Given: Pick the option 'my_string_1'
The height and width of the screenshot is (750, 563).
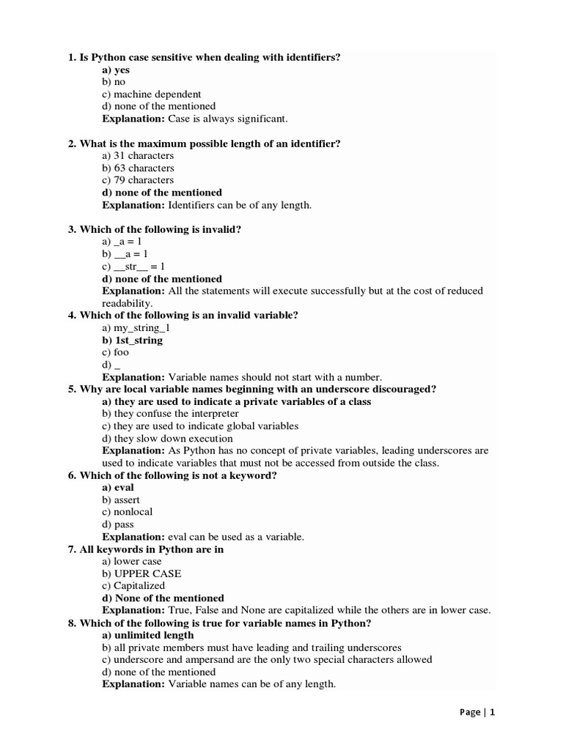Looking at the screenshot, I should click(x=136, y=327).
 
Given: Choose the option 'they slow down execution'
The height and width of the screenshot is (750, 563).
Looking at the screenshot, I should click(x=158, y=438).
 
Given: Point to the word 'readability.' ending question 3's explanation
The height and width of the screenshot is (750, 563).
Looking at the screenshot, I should click(x=127, y=302).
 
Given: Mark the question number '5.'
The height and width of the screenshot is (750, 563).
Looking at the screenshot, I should click(x=73, y=389).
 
